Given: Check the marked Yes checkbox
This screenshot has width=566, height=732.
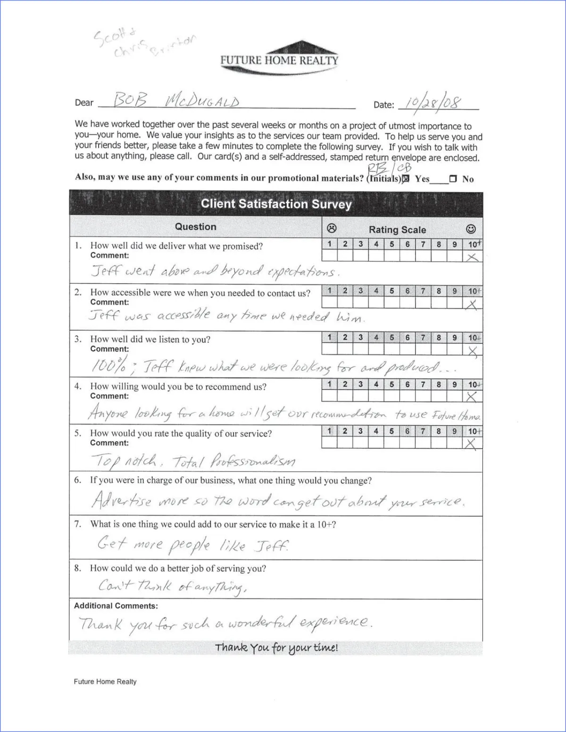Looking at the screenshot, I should (406, 179).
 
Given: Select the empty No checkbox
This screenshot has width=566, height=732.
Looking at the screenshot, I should (453, 179).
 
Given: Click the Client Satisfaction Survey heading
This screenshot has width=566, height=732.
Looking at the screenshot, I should (276, 204).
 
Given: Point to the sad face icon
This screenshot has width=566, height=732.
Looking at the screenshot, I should (332, 229).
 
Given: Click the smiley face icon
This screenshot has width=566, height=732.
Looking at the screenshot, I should (471, 229).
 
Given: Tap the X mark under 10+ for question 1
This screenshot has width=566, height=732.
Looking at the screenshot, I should (472, 257).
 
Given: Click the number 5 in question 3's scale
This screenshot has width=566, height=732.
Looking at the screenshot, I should (392, 337).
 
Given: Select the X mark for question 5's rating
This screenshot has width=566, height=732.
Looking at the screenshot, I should (471, 444).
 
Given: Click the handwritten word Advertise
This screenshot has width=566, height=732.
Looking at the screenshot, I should (122, 500).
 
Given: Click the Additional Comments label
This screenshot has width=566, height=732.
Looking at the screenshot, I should (116, 606).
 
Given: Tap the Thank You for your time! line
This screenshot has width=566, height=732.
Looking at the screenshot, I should (276, 648).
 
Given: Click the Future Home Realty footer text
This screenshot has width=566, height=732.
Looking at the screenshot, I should (105, 682).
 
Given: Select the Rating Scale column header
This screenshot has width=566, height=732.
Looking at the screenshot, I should (397, 230).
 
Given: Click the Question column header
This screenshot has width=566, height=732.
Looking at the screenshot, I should (195, 227).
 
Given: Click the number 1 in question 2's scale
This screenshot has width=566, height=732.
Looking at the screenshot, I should (330, 291).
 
